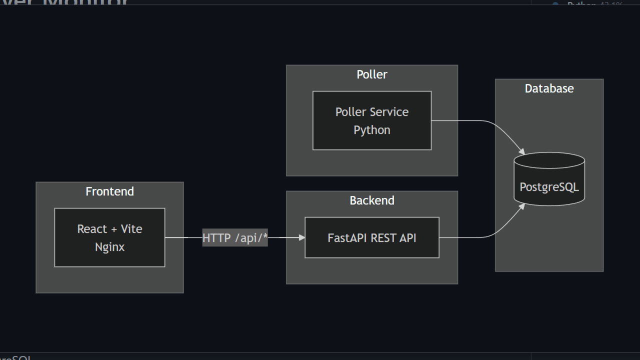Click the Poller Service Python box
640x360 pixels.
tap(371, 120)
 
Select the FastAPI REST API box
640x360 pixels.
tap(371, 237)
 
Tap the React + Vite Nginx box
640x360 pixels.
tap(109, 237)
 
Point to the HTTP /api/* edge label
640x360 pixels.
tap(235, 238)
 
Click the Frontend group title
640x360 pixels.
tap(109, 191)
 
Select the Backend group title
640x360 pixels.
tap(371, 200)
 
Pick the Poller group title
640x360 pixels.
tap(371, 74)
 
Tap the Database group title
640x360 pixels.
tap(549, 88)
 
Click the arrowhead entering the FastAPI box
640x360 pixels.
tap(301, 237)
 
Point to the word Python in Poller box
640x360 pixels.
tap(371, 130)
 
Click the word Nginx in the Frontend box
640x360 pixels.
tap(109, 247)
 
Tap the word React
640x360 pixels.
tap(92, 229)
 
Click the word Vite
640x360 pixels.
tap(131, 229)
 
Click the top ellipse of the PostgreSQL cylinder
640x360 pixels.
tap(549, 160)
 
